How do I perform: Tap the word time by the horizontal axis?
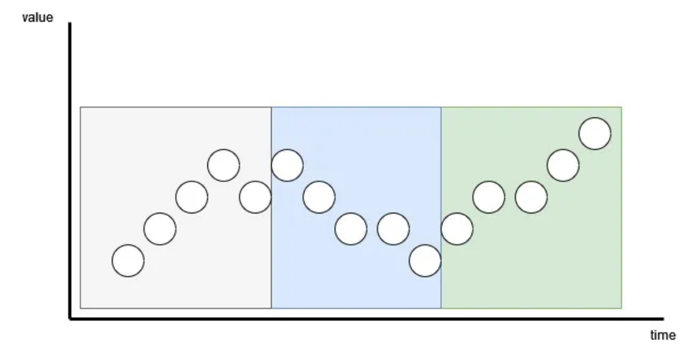point(663,335)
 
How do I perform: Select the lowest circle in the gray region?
point(128,260)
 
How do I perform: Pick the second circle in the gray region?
point(160,229)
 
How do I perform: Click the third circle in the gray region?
point(192,197)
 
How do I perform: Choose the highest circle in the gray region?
point(223,165)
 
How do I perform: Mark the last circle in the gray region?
point(255,197)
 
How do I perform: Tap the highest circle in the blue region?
point(287,165)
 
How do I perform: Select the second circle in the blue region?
point(319,197)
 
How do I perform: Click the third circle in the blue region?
point(351,229)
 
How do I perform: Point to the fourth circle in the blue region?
point(393,229)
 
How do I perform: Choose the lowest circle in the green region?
point(457,229)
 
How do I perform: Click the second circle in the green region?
point(489,197)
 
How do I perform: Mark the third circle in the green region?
point(531,197)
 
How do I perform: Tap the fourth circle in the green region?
point(563,165)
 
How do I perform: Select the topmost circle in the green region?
point(595,134)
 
